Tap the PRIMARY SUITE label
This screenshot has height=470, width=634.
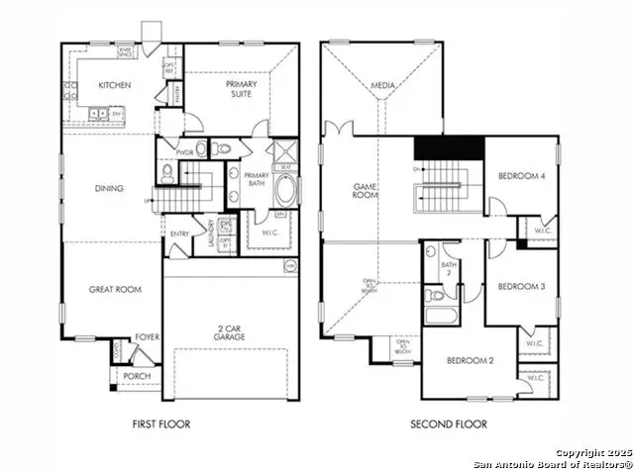(239, 90)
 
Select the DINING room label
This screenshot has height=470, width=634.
(108, 187)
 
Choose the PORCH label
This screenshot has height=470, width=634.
(136, 377)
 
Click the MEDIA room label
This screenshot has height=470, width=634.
(383, 86)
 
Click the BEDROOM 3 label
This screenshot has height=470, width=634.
(519, 287)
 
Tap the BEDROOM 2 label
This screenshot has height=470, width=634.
(470, 360)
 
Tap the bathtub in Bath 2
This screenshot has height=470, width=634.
(437, 317)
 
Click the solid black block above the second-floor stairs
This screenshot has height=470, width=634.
(447, 146)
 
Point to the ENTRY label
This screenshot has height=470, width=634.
(179, 235)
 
